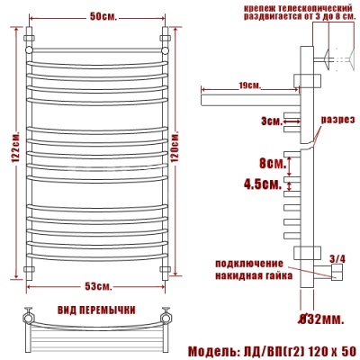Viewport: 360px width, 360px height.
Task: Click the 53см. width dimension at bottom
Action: pos(99,287)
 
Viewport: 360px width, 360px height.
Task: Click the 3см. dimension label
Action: pos(267,120)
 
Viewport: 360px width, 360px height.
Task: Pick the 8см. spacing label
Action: pos(271,165)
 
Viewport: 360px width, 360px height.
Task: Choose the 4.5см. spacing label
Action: pos(267,185)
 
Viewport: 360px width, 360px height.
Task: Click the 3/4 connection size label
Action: pos(337,258)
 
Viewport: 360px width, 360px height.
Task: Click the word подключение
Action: pos(242,263)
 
